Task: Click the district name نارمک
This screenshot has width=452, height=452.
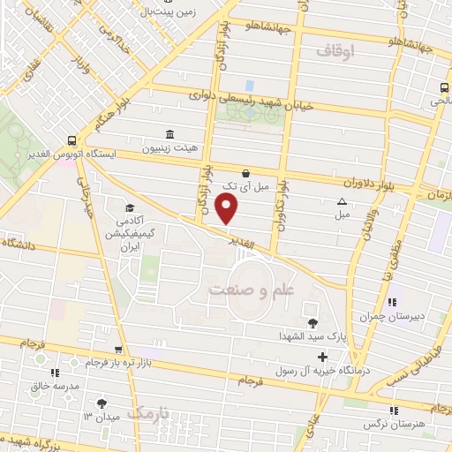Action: (147, 412)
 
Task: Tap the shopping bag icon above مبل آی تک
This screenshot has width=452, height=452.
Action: (245, 174)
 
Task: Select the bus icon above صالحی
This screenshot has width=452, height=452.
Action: (443, 87)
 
